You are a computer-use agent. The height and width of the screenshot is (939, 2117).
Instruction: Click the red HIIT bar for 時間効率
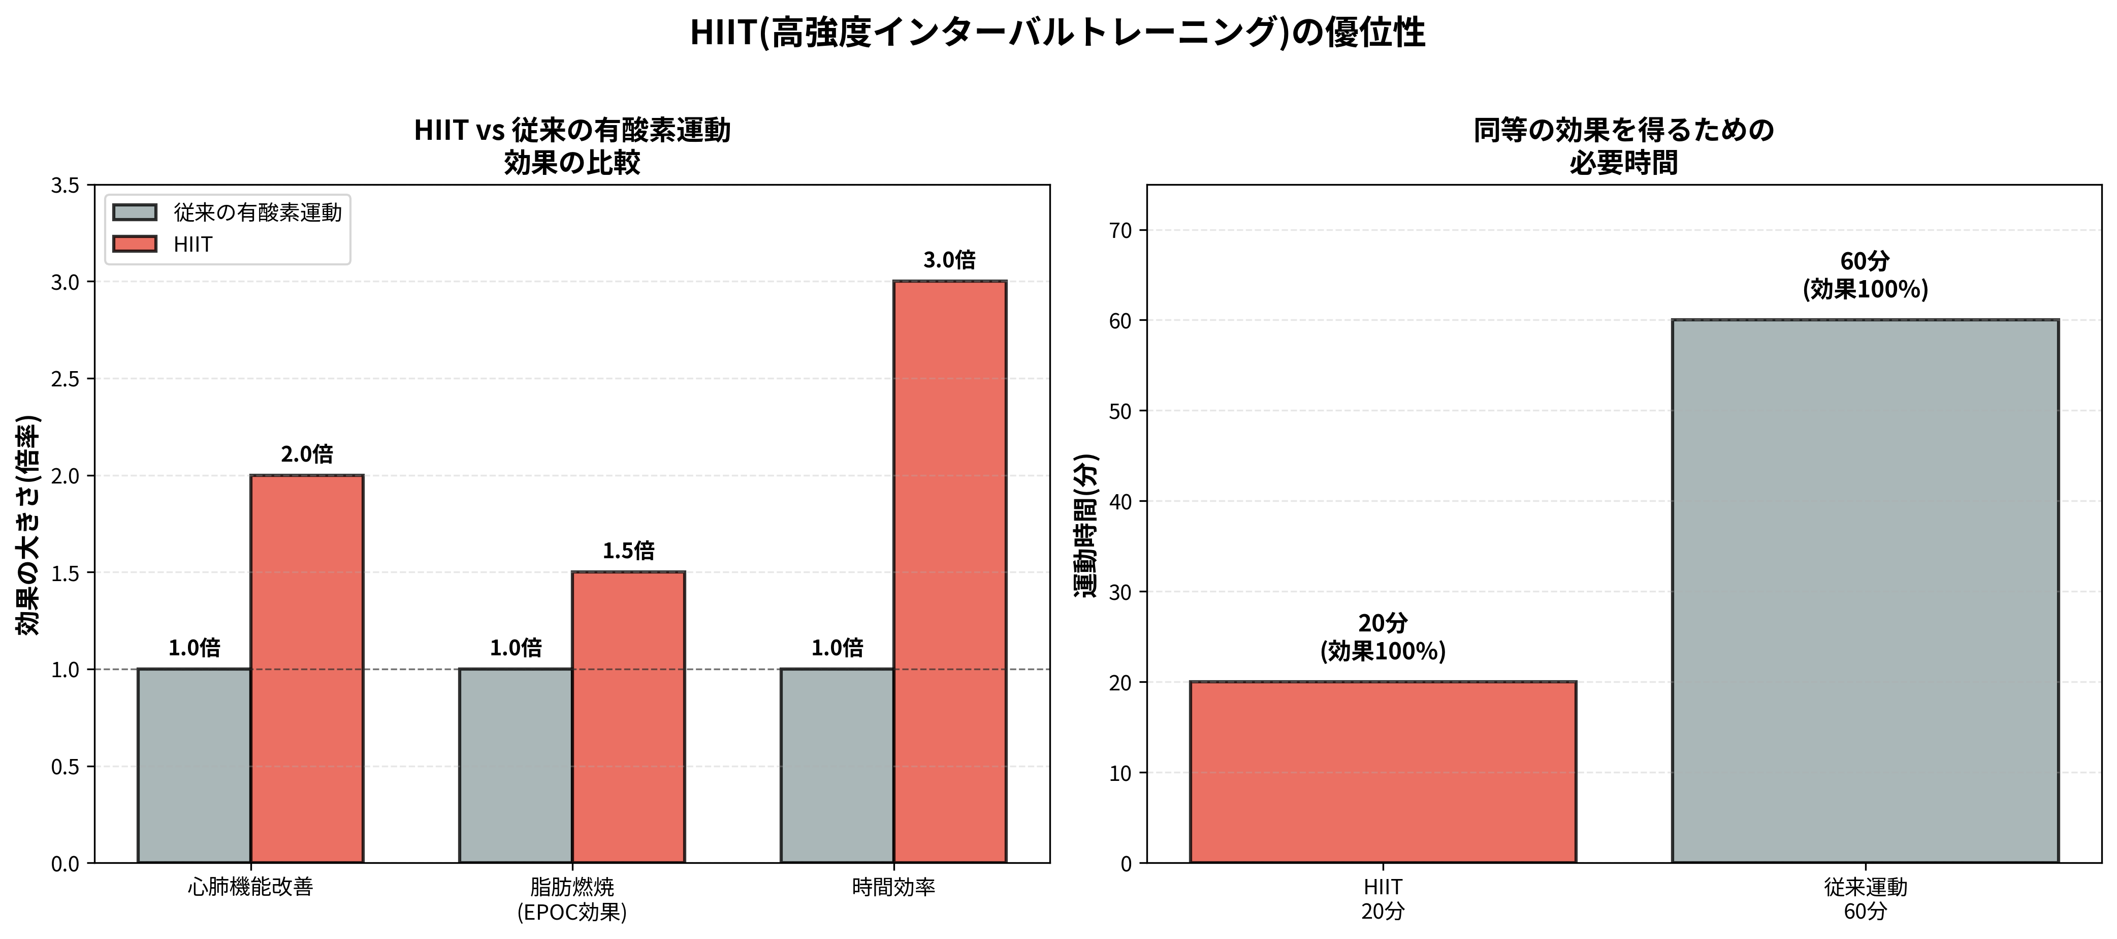(949, 571)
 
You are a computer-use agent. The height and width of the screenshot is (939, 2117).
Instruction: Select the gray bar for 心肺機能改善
(194, 766)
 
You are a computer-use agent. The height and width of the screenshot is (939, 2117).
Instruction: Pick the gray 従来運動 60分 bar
(1865, 591)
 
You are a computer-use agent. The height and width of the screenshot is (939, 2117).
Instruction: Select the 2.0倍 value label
(307, 454)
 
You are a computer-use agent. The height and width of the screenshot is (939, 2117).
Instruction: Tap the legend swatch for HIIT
(135, 244)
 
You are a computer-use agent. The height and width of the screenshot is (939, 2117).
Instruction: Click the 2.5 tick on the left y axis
(66, 379)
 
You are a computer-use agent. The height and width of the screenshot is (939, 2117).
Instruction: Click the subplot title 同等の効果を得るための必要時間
(1623, 146)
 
